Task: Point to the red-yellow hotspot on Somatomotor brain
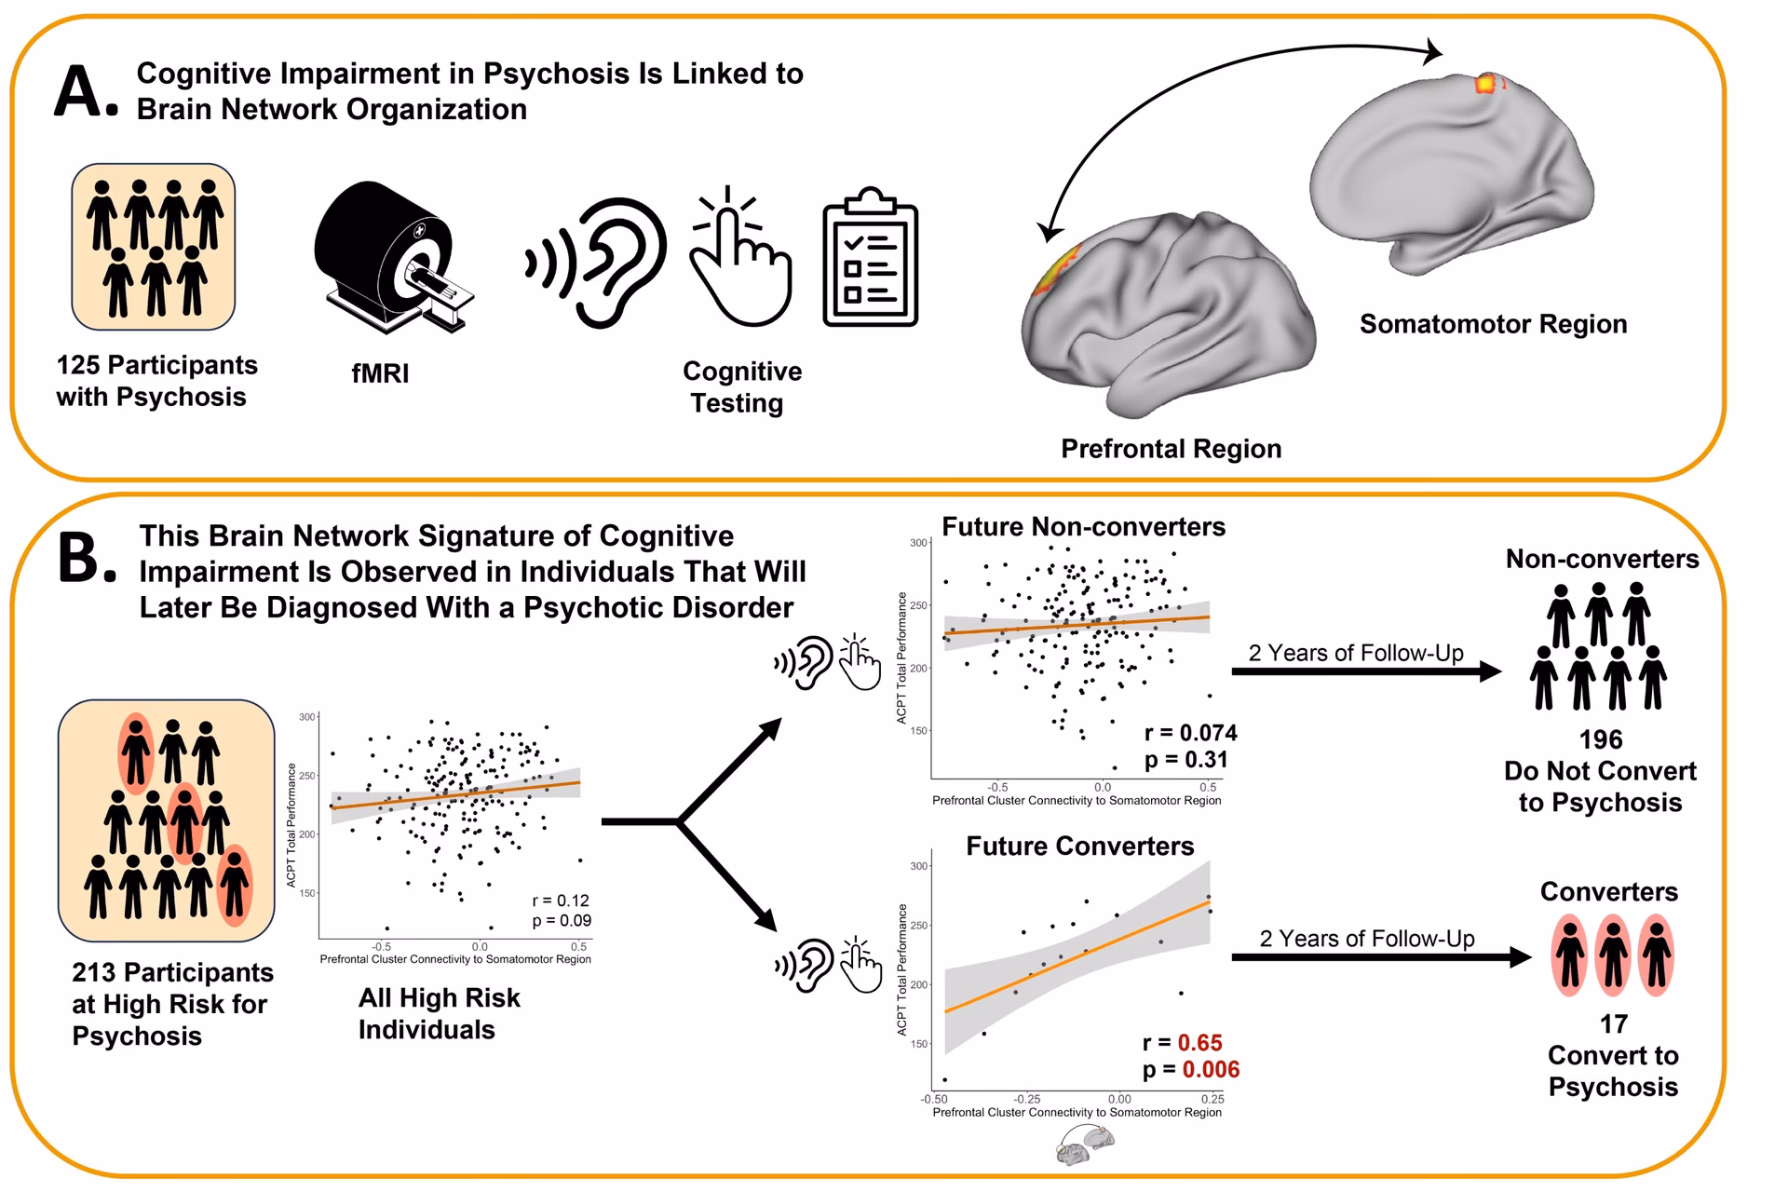click(x=1486, y=84)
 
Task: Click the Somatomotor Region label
click(x=1493, y=324)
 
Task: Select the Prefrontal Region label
click(x=1171, y=449)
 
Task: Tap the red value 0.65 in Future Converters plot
click(x=1199, y=1042)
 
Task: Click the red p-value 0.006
click(x=1211, y=1069)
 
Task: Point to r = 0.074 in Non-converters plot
click(x=1190, y=733)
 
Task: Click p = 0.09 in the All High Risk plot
click(x=561, y=921)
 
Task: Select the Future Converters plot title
click(x=1079, y=846)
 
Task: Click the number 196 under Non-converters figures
click(x=1600, y=739)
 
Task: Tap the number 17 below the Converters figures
click(x=1613, y=1024)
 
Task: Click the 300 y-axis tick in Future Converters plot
click(x=918, y=866)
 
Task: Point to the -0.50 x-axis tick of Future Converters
click(x=934, y=1100)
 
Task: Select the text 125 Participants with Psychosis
click(x=156, y=380)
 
